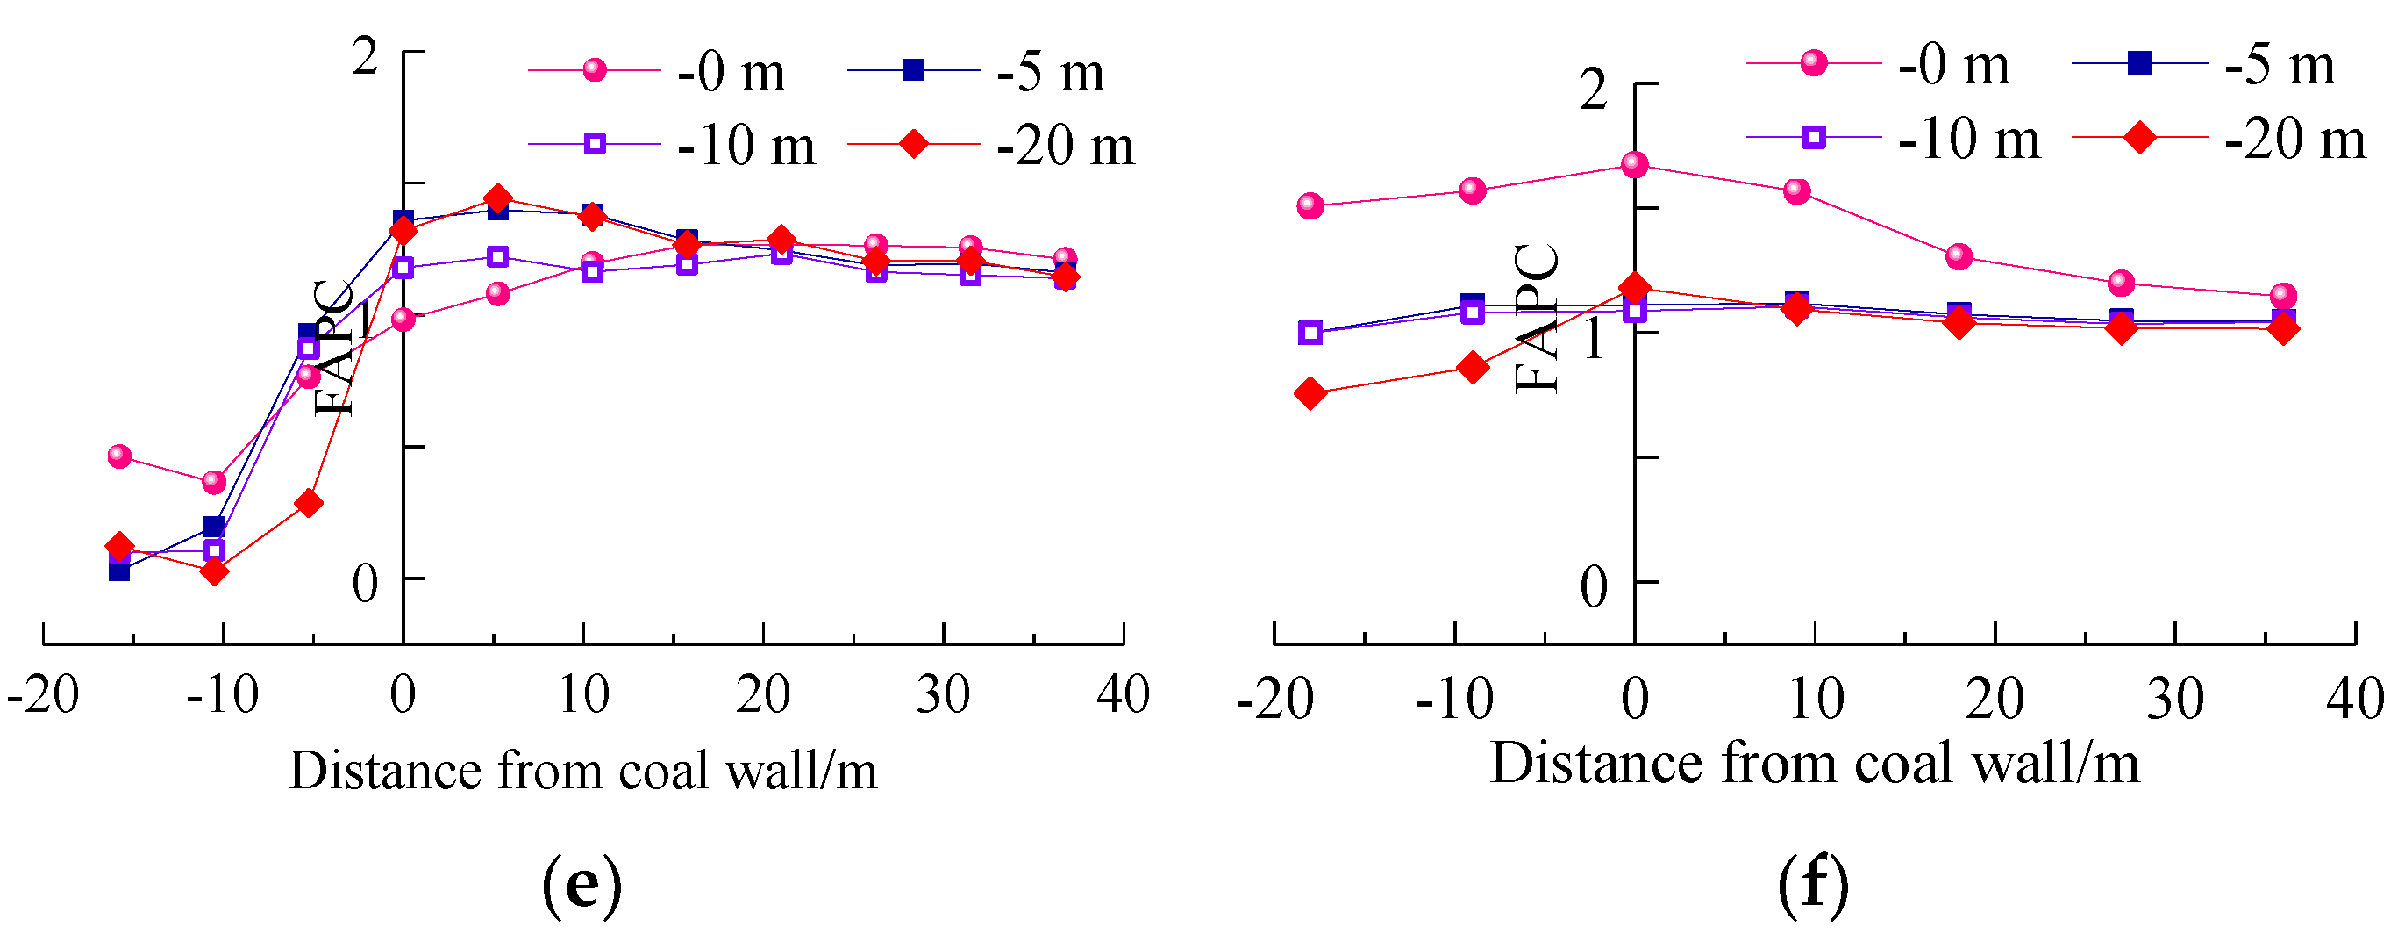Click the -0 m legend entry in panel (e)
coord(658,72)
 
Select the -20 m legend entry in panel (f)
coord(2222,140)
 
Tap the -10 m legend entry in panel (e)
coord(672,146)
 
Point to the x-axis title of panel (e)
coord(583,772)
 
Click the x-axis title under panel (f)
coord(1814,764)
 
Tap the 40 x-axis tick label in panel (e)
coord(1124,696)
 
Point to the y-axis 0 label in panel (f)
coord(1594,587)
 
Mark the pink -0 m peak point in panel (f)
coord(1635,165)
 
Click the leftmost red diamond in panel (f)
coord(1310,393)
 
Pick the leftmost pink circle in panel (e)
coord(119,456)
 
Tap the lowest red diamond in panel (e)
coord(214,571)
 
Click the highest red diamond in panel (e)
coord(497,198)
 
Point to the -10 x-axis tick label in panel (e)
coord(222,696)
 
